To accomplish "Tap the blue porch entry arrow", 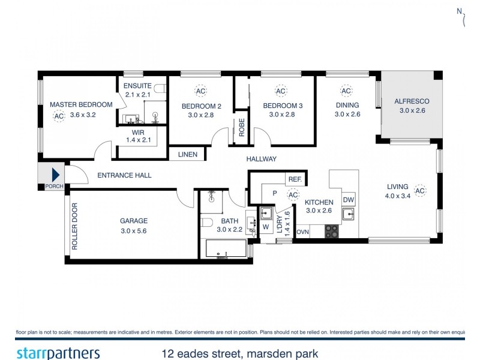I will point(55,175).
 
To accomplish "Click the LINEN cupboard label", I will point(188,154).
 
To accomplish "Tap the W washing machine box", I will point(266,227).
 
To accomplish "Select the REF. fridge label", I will point(295,179).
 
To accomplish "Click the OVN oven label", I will point(302,232).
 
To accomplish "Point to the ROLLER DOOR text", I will point(75,227).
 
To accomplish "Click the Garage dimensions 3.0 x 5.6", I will point(133,230).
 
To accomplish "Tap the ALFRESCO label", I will point(412,101).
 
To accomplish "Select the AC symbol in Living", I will point(420,191).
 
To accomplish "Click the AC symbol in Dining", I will point(346,91).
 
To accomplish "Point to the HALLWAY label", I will point(261,159).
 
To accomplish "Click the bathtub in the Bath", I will point(226,248).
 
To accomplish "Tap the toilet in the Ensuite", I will point(160,89).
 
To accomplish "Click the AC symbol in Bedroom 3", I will point(280,91).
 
